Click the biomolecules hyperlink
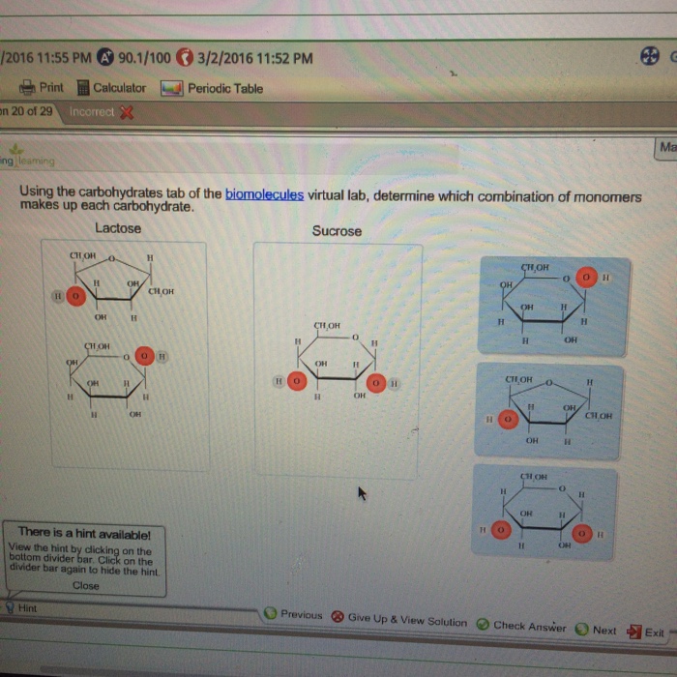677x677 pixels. point(264,194)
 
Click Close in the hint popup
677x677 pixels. point(85,585)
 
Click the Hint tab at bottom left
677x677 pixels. point(26,608)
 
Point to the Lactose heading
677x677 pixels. point(118,228)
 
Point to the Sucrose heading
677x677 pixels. point(337,231)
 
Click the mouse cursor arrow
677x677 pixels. point(363,494)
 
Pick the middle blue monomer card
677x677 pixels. point(548,411)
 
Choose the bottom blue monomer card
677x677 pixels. point(545,511)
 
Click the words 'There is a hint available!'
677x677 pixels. point(84,532)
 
